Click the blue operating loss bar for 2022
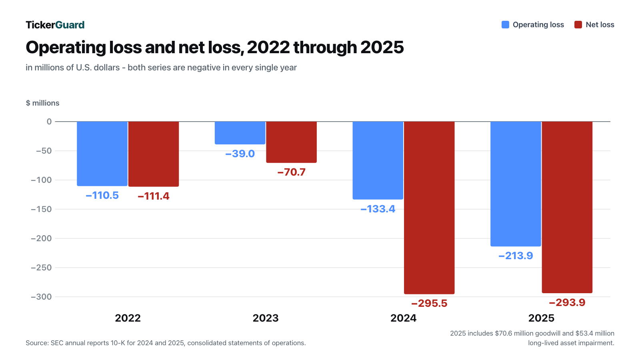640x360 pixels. tap(102, 154)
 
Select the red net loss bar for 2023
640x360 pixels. tap(292, 142)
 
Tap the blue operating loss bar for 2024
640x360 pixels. tap(378, 160)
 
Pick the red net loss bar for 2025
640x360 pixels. tap(567, 208)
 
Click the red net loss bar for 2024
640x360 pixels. tap(429, 208)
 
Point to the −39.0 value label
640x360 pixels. tap(240, 154)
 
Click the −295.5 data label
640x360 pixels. tap(429, 304)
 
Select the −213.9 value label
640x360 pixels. tap(516, 256)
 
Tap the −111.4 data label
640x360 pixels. tap(154, 196)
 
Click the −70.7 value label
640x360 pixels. tap(292, 172)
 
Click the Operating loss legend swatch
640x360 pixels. tap(505, 24)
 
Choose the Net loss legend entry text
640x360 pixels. tap(600, 25)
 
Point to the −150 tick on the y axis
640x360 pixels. tap(42, 209)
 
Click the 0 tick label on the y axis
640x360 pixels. tap(49, 122)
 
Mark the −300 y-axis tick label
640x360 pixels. tap(42, 297)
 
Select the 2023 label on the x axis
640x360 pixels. tap(266, 318)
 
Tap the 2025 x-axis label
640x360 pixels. tap(541, 318)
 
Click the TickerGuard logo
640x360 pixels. tap(55, 25)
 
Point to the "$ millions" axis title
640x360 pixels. tap(42, 103)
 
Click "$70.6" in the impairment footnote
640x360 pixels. tap(504, 334)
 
